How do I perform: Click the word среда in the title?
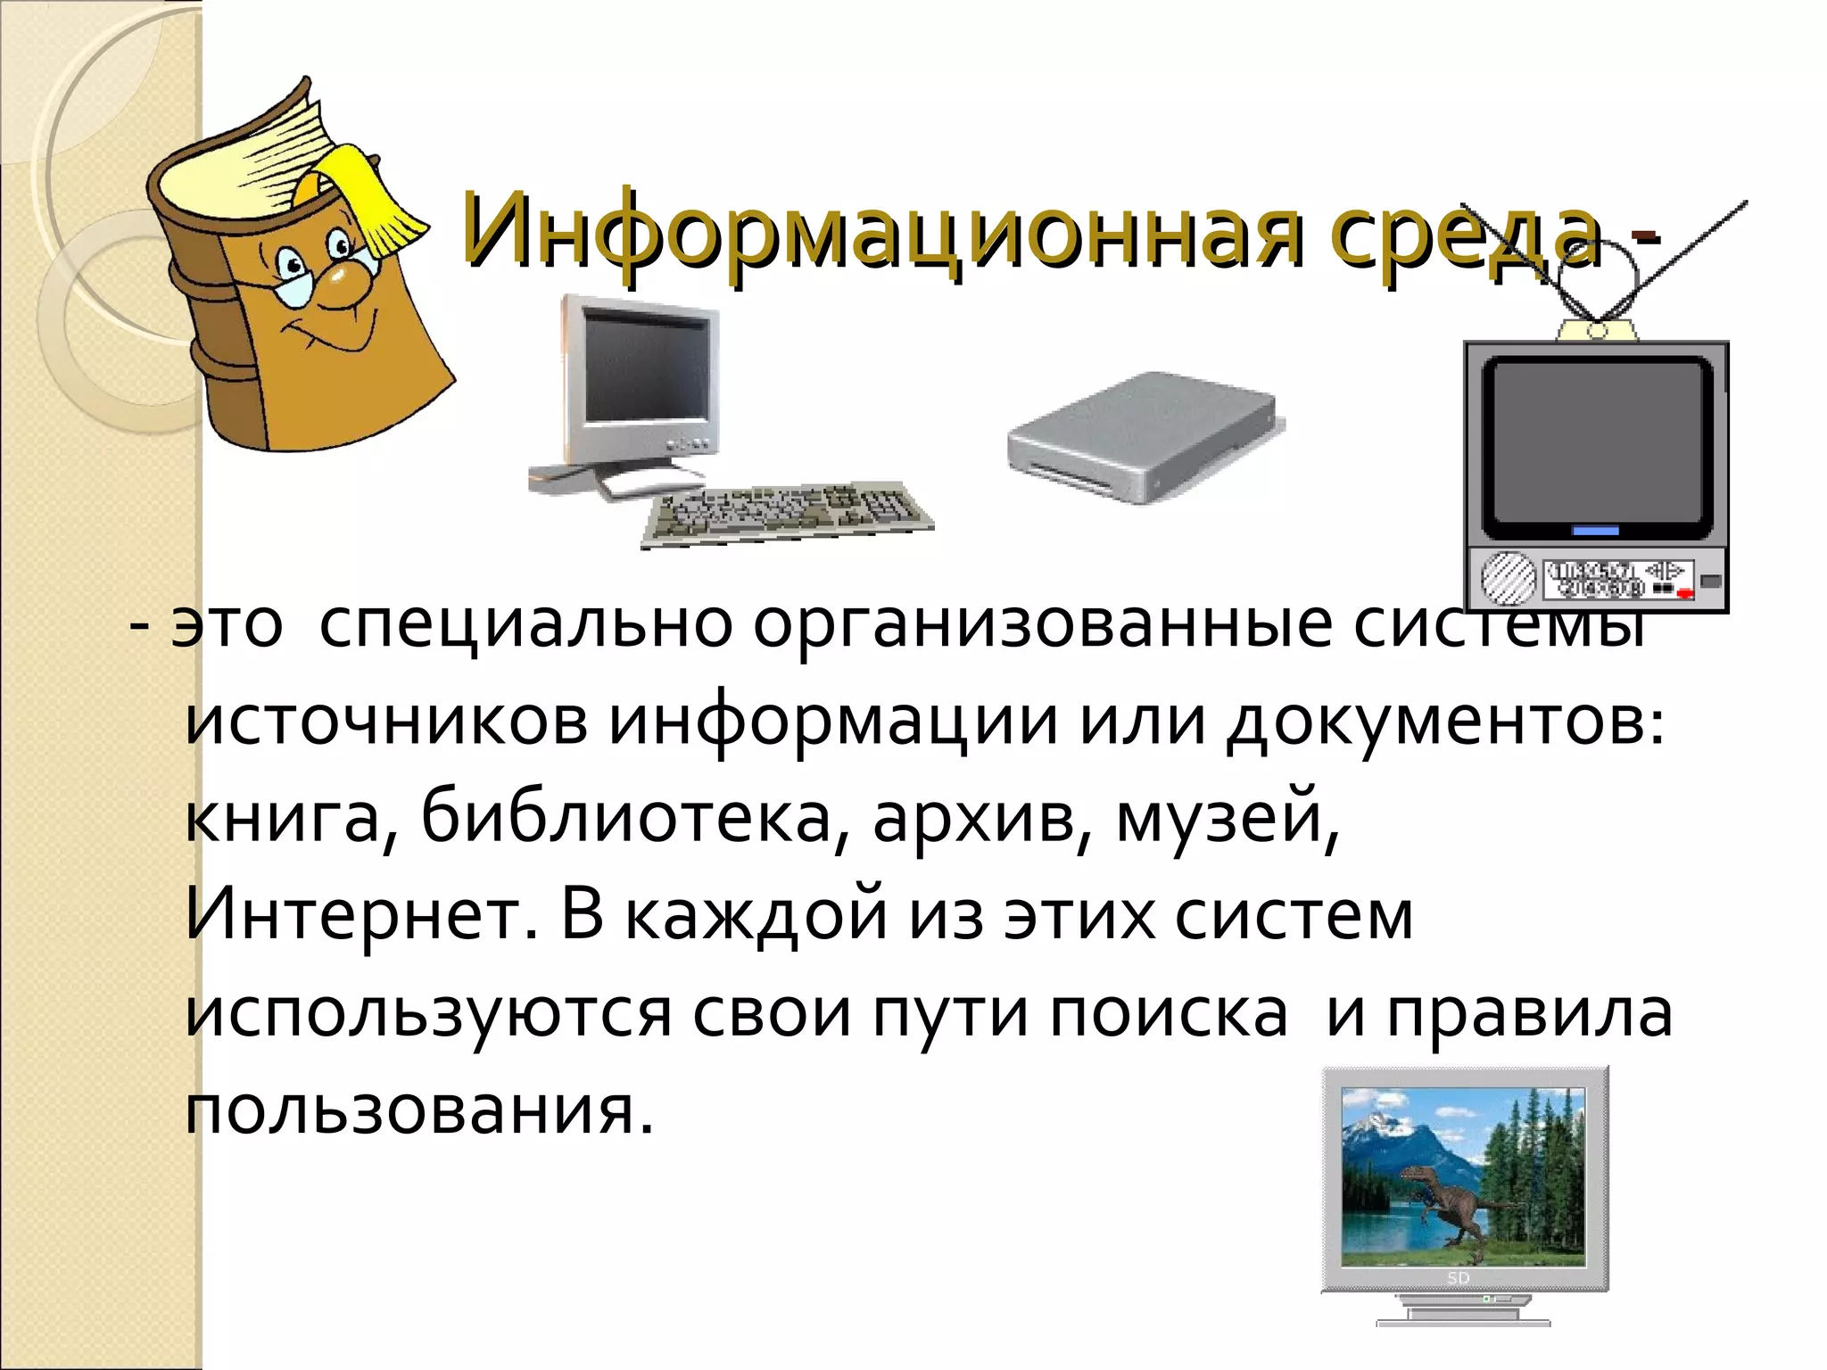1463,230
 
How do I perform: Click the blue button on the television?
1595,531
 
